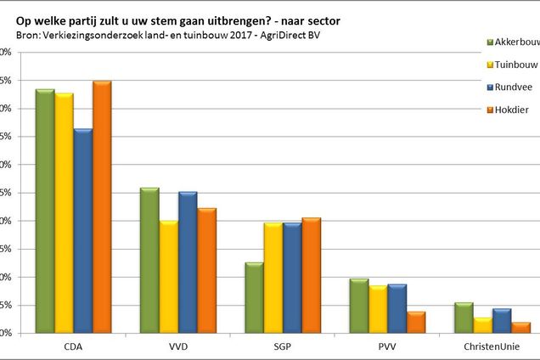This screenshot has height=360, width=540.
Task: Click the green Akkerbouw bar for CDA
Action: [44, 211]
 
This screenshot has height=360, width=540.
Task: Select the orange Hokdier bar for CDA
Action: [102, 207]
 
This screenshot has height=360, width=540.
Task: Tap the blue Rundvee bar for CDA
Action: [82, 231]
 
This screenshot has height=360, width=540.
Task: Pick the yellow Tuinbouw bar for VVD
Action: [168, 277]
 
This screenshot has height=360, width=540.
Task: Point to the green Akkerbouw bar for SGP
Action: [254, 298]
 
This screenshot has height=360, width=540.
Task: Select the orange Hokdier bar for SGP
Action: [312, 276]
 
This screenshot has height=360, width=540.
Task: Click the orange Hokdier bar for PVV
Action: [416, 323]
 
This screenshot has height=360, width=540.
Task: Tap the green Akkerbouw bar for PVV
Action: [359, 306]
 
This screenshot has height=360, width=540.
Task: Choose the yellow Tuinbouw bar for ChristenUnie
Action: [483, 325]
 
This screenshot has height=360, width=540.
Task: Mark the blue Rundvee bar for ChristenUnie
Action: [502, 321]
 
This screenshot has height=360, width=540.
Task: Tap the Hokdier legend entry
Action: [509, 110]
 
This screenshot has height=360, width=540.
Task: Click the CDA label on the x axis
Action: [73, 347]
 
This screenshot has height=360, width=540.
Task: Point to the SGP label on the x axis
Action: [283, 347]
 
